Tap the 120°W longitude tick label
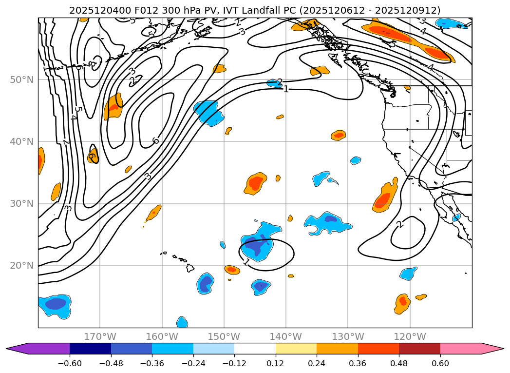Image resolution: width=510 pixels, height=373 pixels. coord(410,336)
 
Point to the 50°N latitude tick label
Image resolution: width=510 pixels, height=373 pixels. coord(21,79)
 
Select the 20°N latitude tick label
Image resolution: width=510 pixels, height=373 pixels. coord(21,266)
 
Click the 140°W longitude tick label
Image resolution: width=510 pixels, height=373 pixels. coord(286,336)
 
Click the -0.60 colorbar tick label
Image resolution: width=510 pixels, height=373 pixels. coord(70,363)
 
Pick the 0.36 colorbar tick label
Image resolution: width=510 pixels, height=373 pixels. coord(358,363)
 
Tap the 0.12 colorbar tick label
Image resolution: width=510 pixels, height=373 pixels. coord(276,363)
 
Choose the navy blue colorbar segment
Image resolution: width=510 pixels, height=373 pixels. coord(90,349)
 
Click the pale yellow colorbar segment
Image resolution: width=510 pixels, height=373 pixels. coord(296,349)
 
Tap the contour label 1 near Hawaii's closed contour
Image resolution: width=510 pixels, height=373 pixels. coord(246,262)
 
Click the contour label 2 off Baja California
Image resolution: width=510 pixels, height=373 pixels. coord(400,225)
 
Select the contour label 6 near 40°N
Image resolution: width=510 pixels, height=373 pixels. coord(155,141)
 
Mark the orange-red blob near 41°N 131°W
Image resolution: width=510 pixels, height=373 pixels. coord(339,135)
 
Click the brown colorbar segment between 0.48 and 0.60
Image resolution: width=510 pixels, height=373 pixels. coord(419,349)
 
